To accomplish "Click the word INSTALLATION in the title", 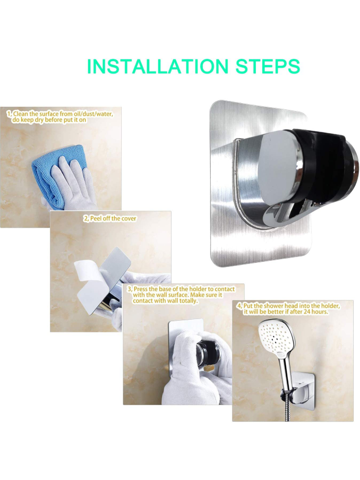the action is (x=158, y=66).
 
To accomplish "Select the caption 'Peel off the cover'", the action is (x=113, y=219).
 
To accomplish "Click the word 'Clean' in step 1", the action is (x=21, y=114).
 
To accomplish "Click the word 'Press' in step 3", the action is (x=141, y=289).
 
